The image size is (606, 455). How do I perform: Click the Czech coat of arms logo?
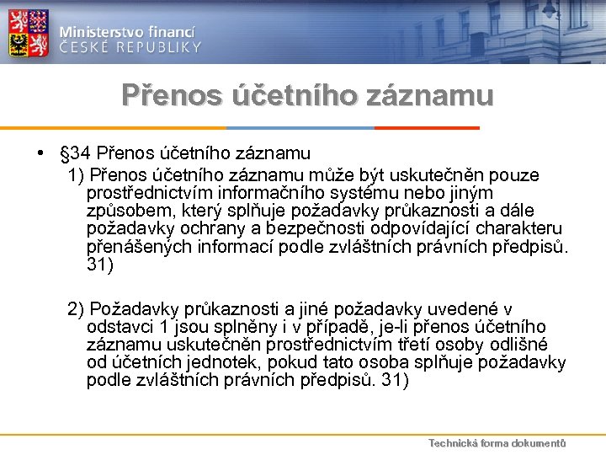click(29, 33)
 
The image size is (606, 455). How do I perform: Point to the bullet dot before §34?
click(40, 154)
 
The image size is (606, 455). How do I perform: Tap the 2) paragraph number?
click(77, 309)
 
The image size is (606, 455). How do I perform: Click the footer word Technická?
click(454, 442)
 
